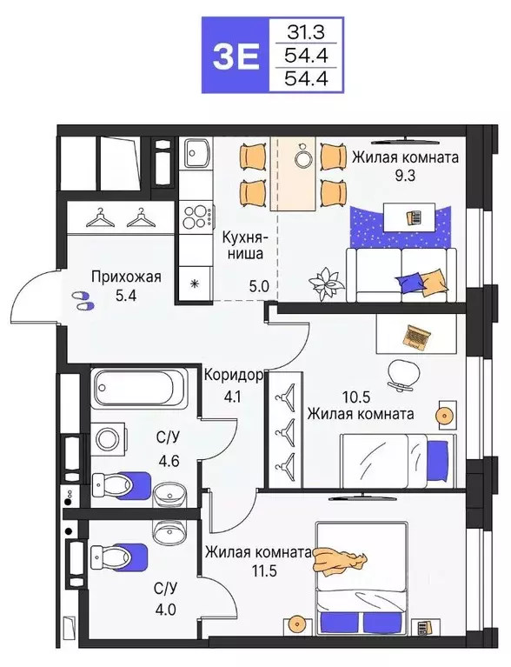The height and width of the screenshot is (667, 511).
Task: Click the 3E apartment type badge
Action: [236, 56]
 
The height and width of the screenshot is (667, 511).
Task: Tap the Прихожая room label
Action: [127, 277]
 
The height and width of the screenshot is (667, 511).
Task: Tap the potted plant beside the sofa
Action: [328, 280]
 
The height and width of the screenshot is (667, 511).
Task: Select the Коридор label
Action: [233, 376]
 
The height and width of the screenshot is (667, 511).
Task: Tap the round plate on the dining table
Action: [302, 158]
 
